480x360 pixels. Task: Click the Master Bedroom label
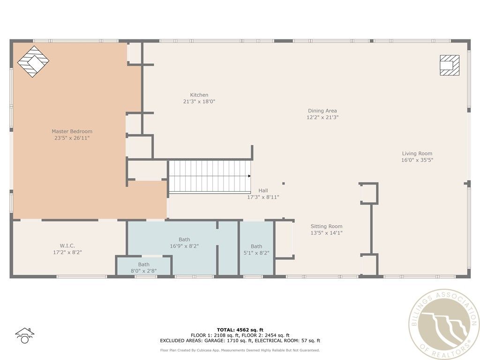tap(72, 131)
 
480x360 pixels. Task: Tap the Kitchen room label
tap(199, 95)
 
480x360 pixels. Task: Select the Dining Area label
tap(322, 111)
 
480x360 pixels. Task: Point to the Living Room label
tap(417, 153)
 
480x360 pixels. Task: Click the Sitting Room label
tap(326, 226)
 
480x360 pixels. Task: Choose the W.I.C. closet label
tap(67, 246)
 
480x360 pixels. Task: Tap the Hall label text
tap(263, 190)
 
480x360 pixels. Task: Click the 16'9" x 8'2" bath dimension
tap(184, 246)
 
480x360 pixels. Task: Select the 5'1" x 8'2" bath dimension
tap(256, 253)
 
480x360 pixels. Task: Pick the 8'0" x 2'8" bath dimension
tap(143, 270)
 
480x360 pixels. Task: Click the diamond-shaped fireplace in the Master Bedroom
tap(33, 61)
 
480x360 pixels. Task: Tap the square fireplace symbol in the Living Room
tap(450, 65)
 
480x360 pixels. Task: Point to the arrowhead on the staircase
tap(249, 176)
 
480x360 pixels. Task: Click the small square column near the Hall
tap(284, 183)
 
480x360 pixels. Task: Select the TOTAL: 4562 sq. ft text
tap(240, 330)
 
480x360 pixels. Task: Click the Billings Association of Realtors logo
tap(444, 324)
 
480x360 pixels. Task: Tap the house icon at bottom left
tap(24, 336)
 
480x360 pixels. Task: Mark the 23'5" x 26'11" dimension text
tap(72, 138)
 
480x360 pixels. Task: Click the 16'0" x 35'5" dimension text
tap(417, 160)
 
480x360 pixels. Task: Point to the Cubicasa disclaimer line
tap(240, 350)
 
